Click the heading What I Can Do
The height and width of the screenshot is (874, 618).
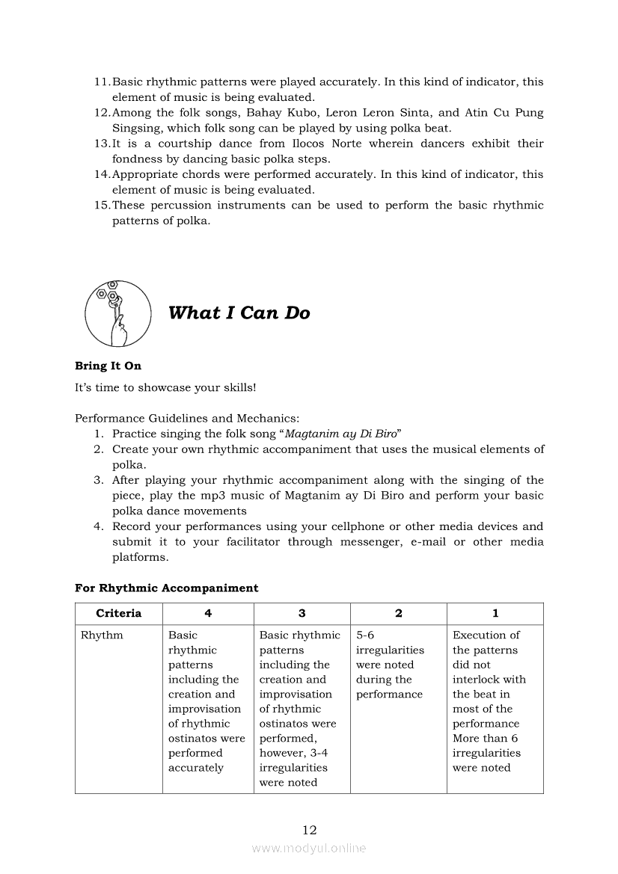239,313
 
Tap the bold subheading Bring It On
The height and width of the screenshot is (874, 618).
108,366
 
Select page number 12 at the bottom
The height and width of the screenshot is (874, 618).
310,830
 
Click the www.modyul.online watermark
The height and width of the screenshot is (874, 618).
309,849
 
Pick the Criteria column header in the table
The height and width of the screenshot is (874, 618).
118,613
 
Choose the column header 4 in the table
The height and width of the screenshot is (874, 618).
208,613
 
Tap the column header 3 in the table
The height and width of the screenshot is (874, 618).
302,613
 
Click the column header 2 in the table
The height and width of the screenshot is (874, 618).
398,613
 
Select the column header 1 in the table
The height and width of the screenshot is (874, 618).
495,613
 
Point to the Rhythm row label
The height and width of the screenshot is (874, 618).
102,636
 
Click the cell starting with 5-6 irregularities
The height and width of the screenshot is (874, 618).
390,665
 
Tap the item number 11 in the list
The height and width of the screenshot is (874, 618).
102,82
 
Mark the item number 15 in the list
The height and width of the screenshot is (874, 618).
102,206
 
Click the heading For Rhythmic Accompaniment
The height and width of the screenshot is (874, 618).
166,588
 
